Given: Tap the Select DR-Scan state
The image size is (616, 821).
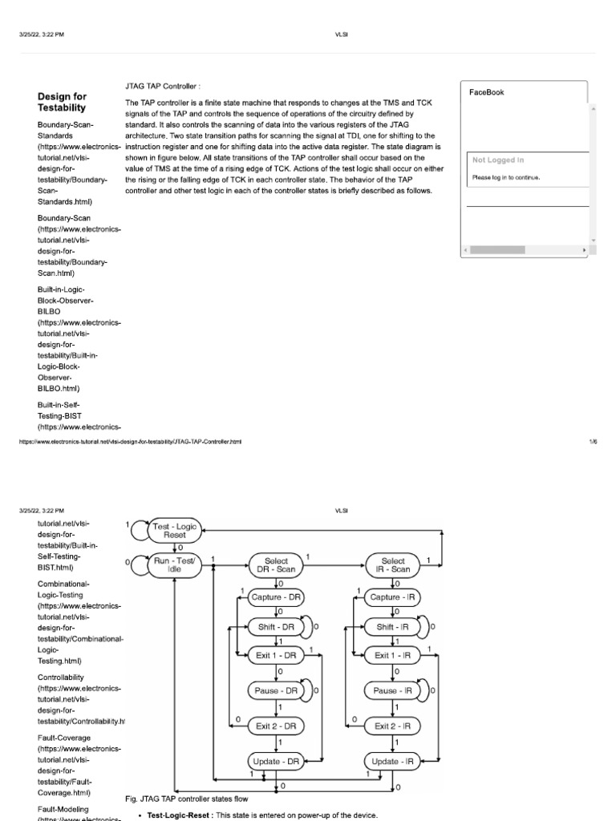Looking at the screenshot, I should coord(276,565).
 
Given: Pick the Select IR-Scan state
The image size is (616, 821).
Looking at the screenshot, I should coord(393,565).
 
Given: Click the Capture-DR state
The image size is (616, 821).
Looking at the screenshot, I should coord(277,597).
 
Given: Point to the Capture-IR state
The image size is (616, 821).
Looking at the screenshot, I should coord(393,597).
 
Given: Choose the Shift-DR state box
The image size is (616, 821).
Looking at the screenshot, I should coord(277,627).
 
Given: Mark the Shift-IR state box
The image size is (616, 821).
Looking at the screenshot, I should coord(393,627).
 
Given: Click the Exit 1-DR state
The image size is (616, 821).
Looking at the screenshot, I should coord(277,656).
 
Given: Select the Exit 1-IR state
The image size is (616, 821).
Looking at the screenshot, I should coord(393,656).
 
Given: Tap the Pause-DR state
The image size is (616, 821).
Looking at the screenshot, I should coord(277,690).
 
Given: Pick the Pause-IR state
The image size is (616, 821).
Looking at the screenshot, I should coord(393,690).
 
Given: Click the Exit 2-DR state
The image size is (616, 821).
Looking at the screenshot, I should coord(277,726).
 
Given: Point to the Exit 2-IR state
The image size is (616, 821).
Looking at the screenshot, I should coord(393,726).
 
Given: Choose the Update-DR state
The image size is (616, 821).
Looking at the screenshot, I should coord(277,760).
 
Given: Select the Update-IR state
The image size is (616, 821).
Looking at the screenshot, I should coord(393,760).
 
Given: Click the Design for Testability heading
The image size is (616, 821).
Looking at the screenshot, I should coord(62,101).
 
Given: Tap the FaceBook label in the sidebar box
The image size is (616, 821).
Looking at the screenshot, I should coord(486,92).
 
